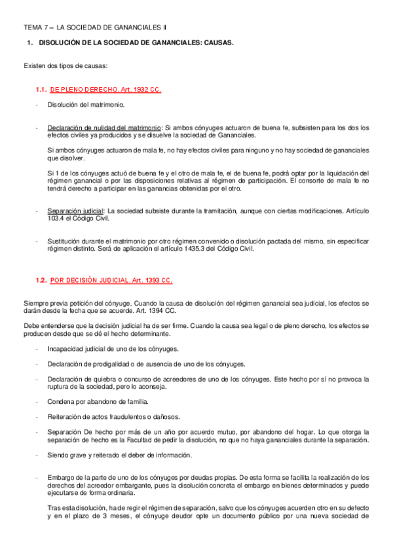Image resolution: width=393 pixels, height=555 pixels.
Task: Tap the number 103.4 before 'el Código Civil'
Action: click(58, 219)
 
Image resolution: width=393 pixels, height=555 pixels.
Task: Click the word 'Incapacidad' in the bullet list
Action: click(65, 348)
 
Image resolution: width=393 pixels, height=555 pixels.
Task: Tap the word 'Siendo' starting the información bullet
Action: click(58, 455)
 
